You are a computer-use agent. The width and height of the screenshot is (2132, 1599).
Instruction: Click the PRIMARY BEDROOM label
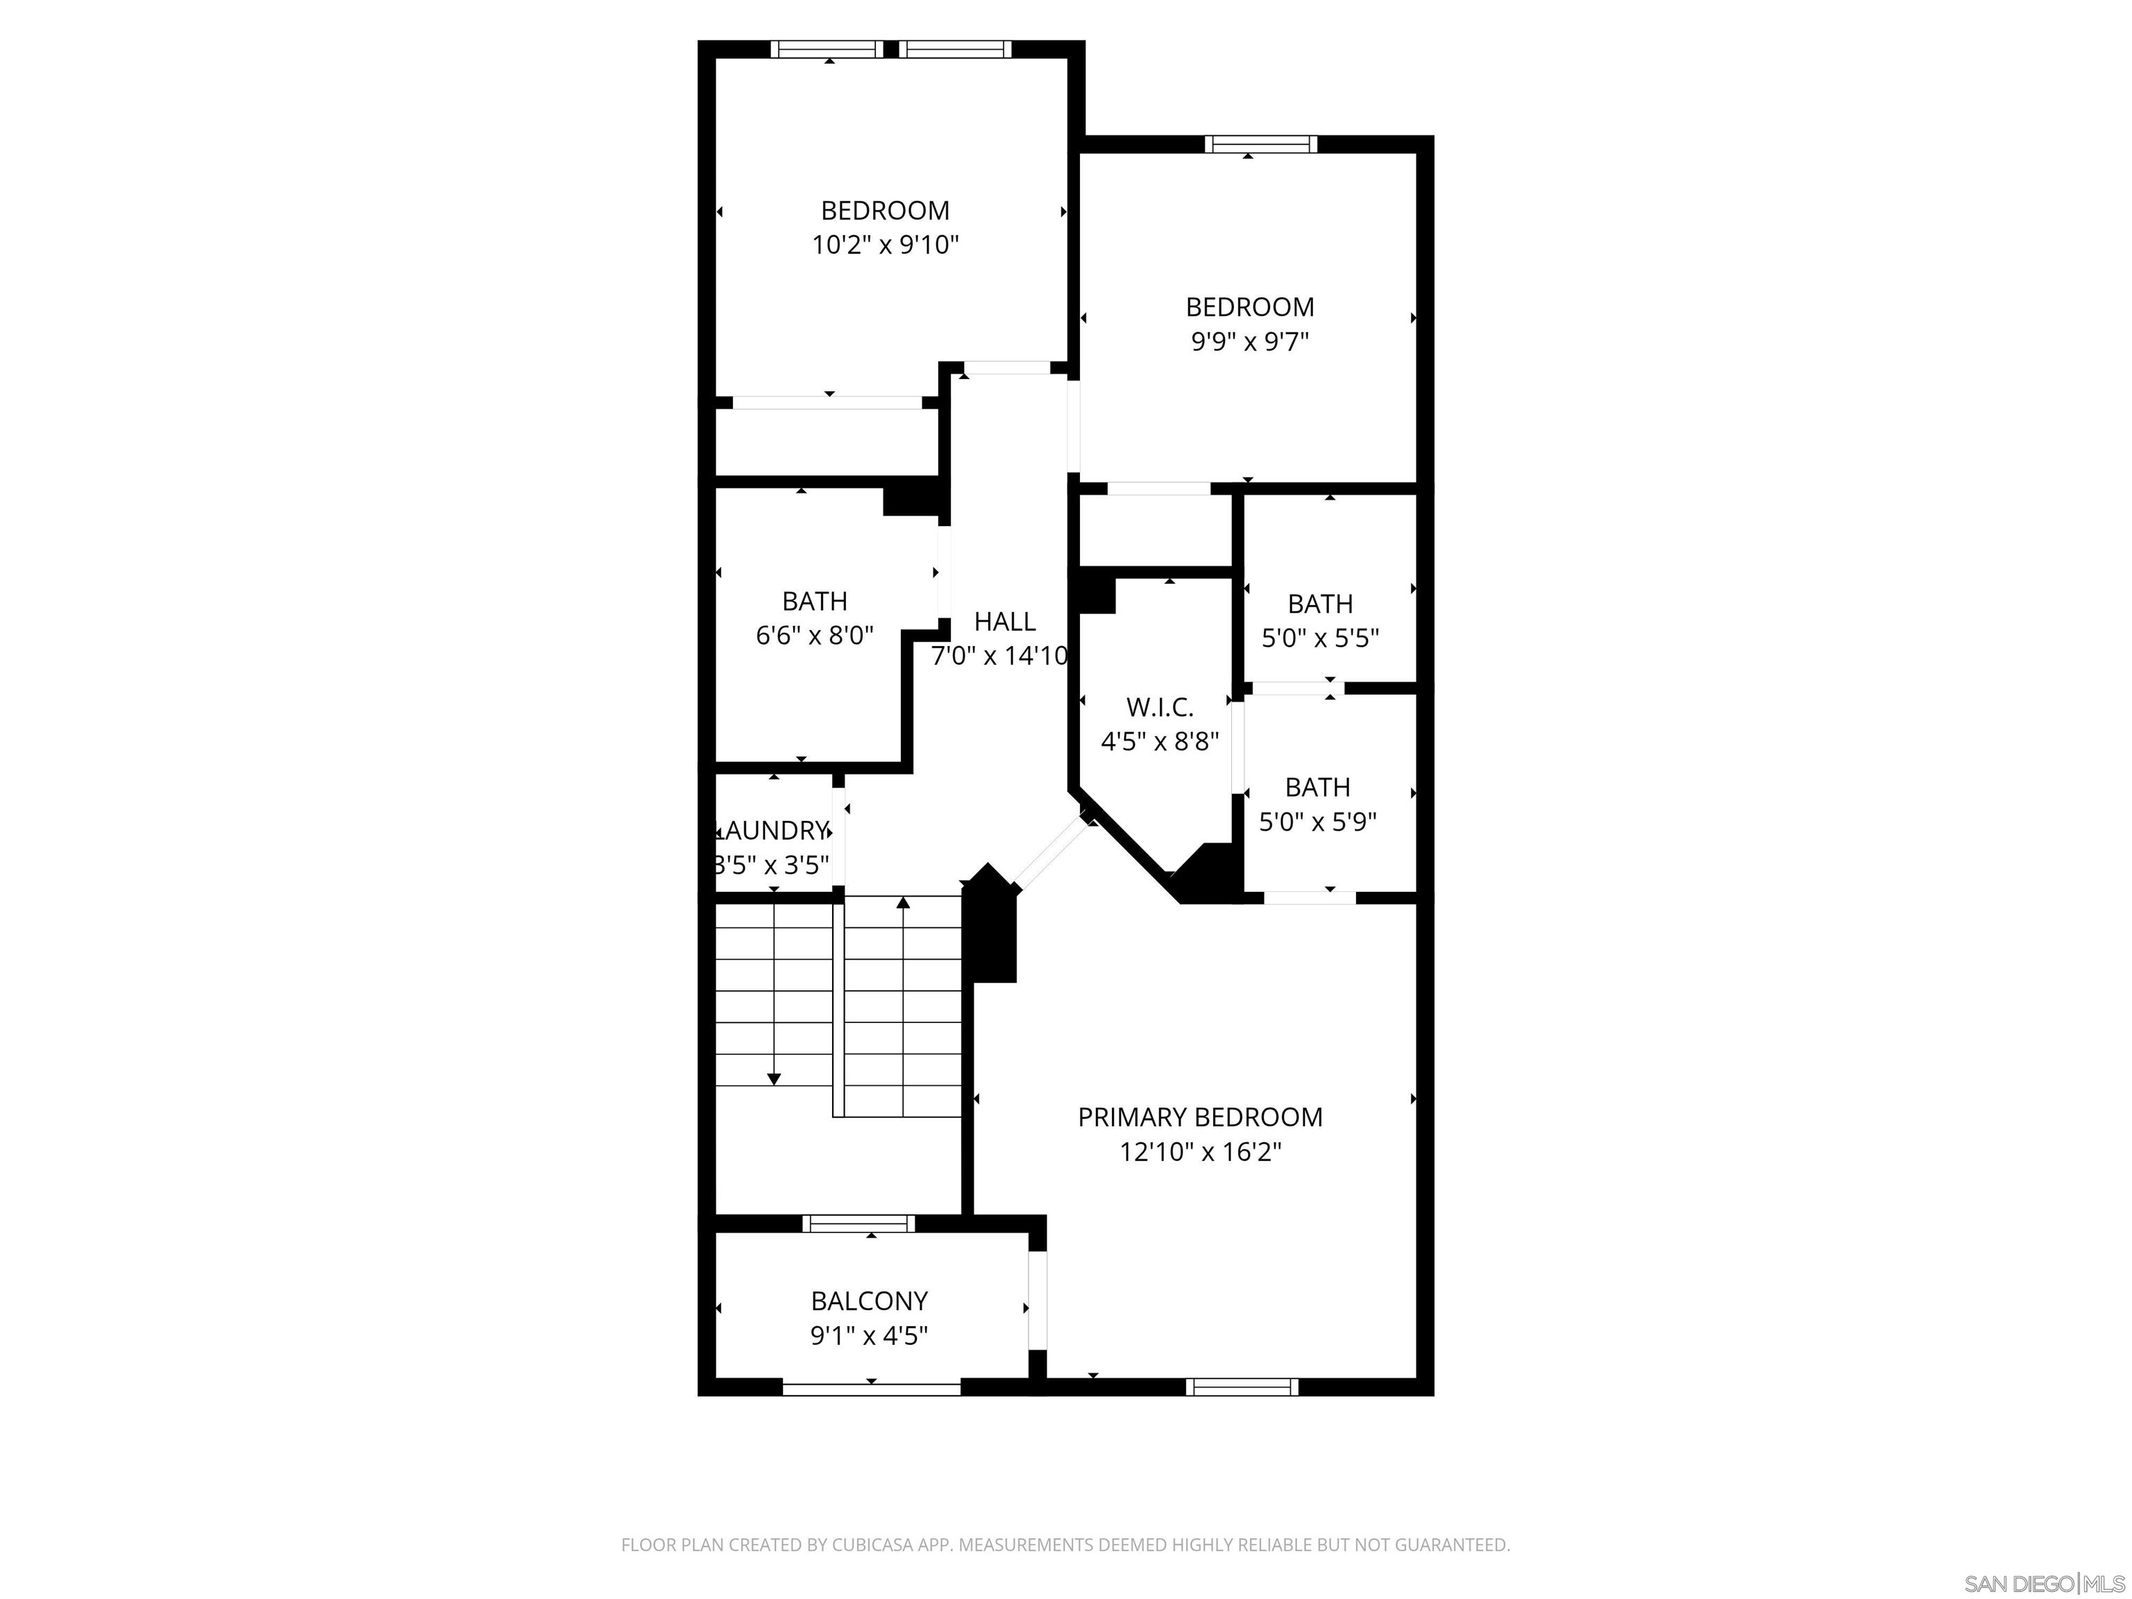(1199, 1117)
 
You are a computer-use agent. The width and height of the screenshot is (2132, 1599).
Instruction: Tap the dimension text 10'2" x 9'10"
(885, 245)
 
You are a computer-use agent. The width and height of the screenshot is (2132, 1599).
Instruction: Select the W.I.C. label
(1160, 707)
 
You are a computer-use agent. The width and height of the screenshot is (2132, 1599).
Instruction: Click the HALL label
(1004, 622)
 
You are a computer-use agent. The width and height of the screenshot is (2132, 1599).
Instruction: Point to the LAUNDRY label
(771, 831)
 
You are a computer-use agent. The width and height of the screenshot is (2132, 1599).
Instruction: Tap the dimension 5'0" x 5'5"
(1319, 638)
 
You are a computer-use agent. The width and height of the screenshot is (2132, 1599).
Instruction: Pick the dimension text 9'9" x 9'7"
(1249, 342)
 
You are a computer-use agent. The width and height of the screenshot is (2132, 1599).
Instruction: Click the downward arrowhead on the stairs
(774, 1079)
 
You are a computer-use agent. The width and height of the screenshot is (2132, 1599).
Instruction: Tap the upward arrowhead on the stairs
(903, 903)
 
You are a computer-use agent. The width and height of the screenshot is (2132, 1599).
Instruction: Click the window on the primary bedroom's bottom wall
(1242, 1387)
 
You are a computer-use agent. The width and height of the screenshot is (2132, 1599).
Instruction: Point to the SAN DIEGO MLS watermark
(2043, 1584)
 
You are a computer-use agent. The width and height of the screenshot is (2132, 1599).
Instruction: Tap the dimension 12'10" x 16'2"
(1199, 1152)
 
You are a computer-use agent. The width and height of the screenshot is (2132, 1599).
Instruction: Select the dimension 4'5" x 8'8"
(1160, 742)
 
